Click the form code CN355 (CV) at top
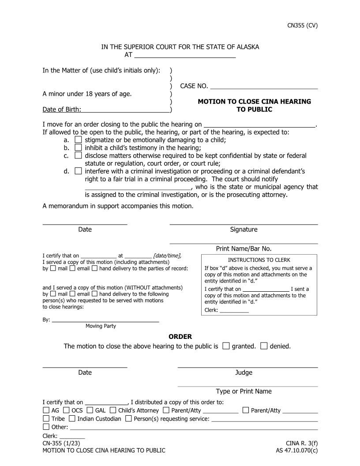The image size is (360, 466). coord(302,25)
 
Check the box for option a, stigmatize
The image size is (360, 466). coord(78,140)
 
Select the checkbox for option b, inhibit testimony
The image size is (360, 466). coord(78,148)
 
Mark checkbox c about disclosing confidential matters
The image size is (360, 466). coord(78,155)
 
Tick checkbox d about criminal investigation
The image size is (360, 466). coord(78,171)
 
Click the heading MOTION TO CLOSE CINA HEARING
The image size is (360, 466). coord(254,101)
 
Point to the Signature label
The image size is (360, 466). coord(244,229)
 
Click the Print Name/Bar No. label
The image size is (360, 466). coord(244,248)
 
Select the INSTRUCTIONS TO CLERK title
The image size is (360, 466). coord(259,260)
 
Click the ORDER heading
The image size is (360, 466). coord(180,337)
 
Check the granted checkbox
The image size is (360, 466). coord(226,346)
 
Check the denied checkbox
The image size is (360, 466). coord(264,346)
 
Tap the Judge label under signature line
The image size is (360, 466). coord(244,372)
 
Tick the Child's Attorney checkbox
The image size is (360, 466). coord(113,410)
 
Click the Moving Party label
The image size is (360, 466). coord(101,326)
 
